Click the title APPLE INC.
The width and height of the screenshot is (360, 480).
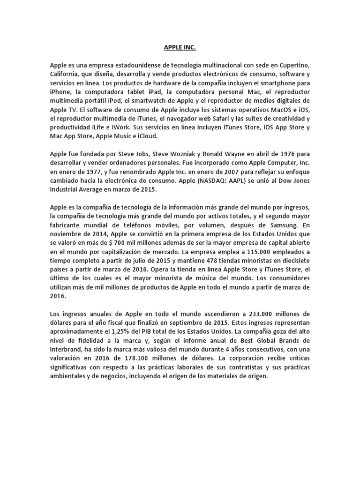point(180,48)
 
